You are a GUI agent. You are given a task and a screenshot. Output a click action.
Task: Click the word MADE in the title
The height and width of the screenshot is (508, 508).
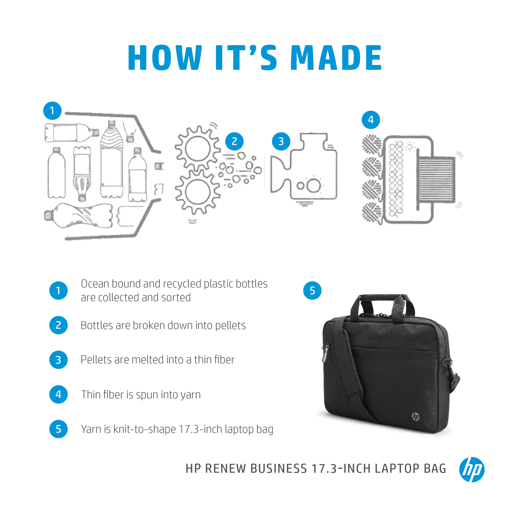coord(336,58)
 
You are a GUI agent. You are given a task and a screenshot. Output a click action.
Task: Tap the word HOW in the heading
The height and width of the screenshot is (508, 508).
coord(165,58)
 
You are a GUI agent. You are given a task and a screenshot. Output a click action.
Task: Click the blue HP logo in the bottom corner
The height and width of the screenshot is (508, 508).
coord(472,469)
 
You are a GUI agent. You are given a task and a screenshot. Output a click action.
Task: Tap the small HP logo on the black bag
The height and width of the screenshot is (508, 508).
coord(415,417)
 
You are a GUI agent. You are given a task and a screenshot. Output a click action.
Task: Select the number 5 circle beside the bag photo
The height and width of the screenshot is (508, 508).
coord(312,290)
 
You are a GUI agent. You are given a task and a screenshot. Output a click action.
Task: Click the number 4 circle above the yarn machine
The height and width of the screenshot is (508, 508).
coord(371,120)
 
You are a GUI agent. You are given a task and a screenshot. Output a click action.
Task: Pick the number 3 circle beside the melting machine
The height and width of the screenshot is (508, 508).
coord(281,141)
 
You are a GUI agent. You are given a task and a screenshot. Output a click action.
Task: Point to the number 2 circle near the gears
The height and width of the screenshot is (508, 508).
coord(234,141)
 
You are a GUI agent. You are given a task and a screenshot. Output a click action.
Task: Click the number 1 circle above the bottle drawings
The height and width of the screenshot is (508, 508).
coord(52,111)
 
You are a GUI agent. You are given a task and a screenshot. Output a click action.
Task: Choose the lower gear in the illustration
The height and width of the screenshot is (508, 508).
coord(197,192)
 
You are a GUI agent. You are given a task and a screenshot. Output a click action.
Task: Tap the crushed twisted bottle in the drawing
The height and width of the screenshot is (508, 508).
coord(79,216)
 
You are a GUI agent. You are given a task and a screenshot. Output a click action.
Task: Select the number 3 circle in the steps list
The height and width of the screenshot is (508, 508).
coord(58,360)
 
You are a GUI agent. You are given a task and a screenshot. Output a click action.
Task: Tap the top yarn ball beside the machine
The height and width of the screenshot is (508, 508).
coord(371,144)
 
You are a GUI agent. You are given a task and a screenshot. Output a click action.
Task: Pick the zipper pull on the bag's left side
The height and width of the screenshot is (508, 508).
coord(325,352)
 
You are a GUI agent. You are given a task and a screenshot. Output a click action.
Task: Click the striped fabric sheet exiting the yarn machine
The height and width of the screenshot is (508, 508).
coord(436,179)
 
